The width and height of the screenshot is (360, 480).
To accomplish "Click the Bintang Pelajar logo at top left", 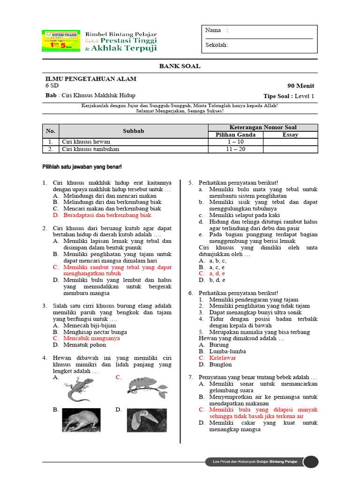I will click(60, 42).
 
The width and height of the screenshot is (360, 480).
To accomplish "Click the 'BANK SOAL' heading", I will click(180, 66).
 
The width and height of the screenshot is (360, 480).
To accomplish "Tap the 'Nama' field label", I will click(213, 30).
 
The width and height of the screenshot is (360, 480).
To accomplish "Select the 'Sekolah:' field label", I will click(217, 45).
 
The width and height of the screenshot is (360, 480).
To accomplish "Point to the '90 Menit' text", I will click(301, 86).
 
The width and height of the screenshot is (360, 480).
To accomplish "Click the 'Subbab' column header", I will click(133, 131).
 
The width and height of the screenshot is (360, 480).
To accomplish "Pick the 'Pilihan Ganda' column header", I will click(235, 135).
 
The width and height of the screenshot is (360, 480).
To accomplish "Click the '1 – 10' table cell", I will click(235, 142).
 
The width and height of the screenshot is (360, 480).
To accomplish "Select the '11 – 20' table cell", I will click(235, 149).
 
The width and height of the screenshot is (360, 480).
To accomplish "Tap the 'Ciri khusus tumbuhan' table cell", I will click(90, 149).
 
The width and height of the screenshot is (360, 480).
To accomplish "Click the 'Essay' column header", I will click(290, 135).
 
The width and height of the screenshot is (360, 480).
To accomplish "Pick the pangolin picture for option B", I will click(81, 420).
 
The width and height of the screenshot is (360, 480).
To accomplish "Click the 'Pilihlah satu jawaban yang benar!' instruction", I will click(82, 167).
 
